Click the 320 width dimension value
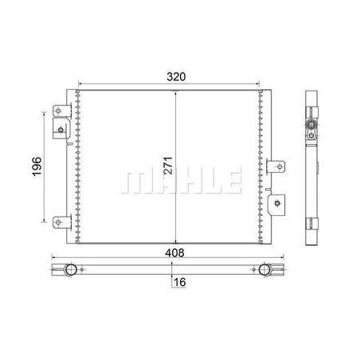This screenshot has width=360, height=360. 176,76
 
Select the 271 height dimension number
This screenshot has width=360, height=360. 168,166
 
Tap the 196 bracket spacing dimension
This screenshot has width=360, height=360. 37,166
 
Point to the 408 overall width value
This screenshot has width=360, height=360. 174,252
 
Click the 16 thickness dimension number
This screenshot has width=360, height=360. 180,282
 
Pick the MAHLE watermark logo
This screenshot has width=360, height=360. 181,180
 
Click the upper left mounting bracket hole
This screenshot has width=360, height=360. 58,111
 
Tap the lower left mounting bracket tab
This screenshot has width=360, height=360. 62,222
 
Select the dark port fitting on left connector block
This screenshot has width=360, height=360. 61,130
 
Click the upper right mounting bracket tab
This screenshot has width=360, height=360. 276,166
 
